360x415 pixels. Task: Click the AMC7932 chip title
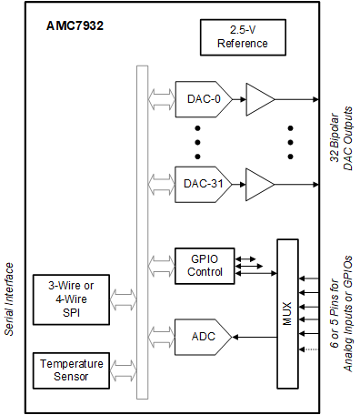(75, 26)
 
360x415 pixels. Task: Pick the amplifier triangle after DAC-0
(258, 98)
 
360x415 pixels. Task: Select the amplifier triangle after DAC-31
(258, 184)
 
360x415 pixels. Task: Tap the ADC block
(202, 336)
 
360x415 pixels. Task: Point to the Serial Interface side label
(10, 299)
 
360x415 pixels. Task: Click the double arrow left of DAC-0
(161, 98)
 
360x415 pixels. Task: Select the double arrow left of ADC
(161, 336)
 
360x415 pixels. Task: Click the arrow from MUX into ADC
(255, 336)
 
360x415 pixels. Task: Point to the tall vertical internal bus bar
(142, 232)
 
